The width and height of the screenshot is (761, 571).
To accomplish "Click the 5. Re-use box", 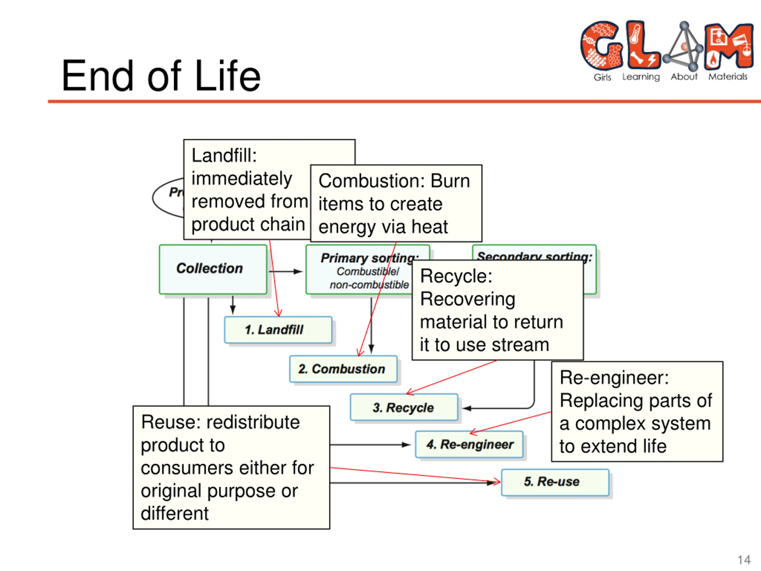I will click(555, 482).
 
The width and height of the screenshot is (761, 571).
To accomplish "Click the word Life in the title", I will click(227, 76).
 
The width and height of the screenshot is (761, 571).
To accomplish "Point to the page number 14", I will click(744, 560).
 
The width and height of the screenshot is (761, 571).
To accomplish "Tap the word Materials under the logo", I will click(728, 77).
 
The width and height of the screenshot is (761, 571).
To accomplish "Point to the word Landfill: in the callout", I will click(224, 156).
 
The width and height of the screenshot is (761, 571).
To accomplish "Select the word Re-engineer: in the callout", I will click(614, 378).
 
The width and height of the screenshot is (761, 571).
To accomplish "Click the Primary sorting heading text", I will click(369, 258).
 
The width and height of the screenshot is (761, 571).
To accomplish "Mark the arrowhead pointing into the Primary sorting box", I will click(298, 272).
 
